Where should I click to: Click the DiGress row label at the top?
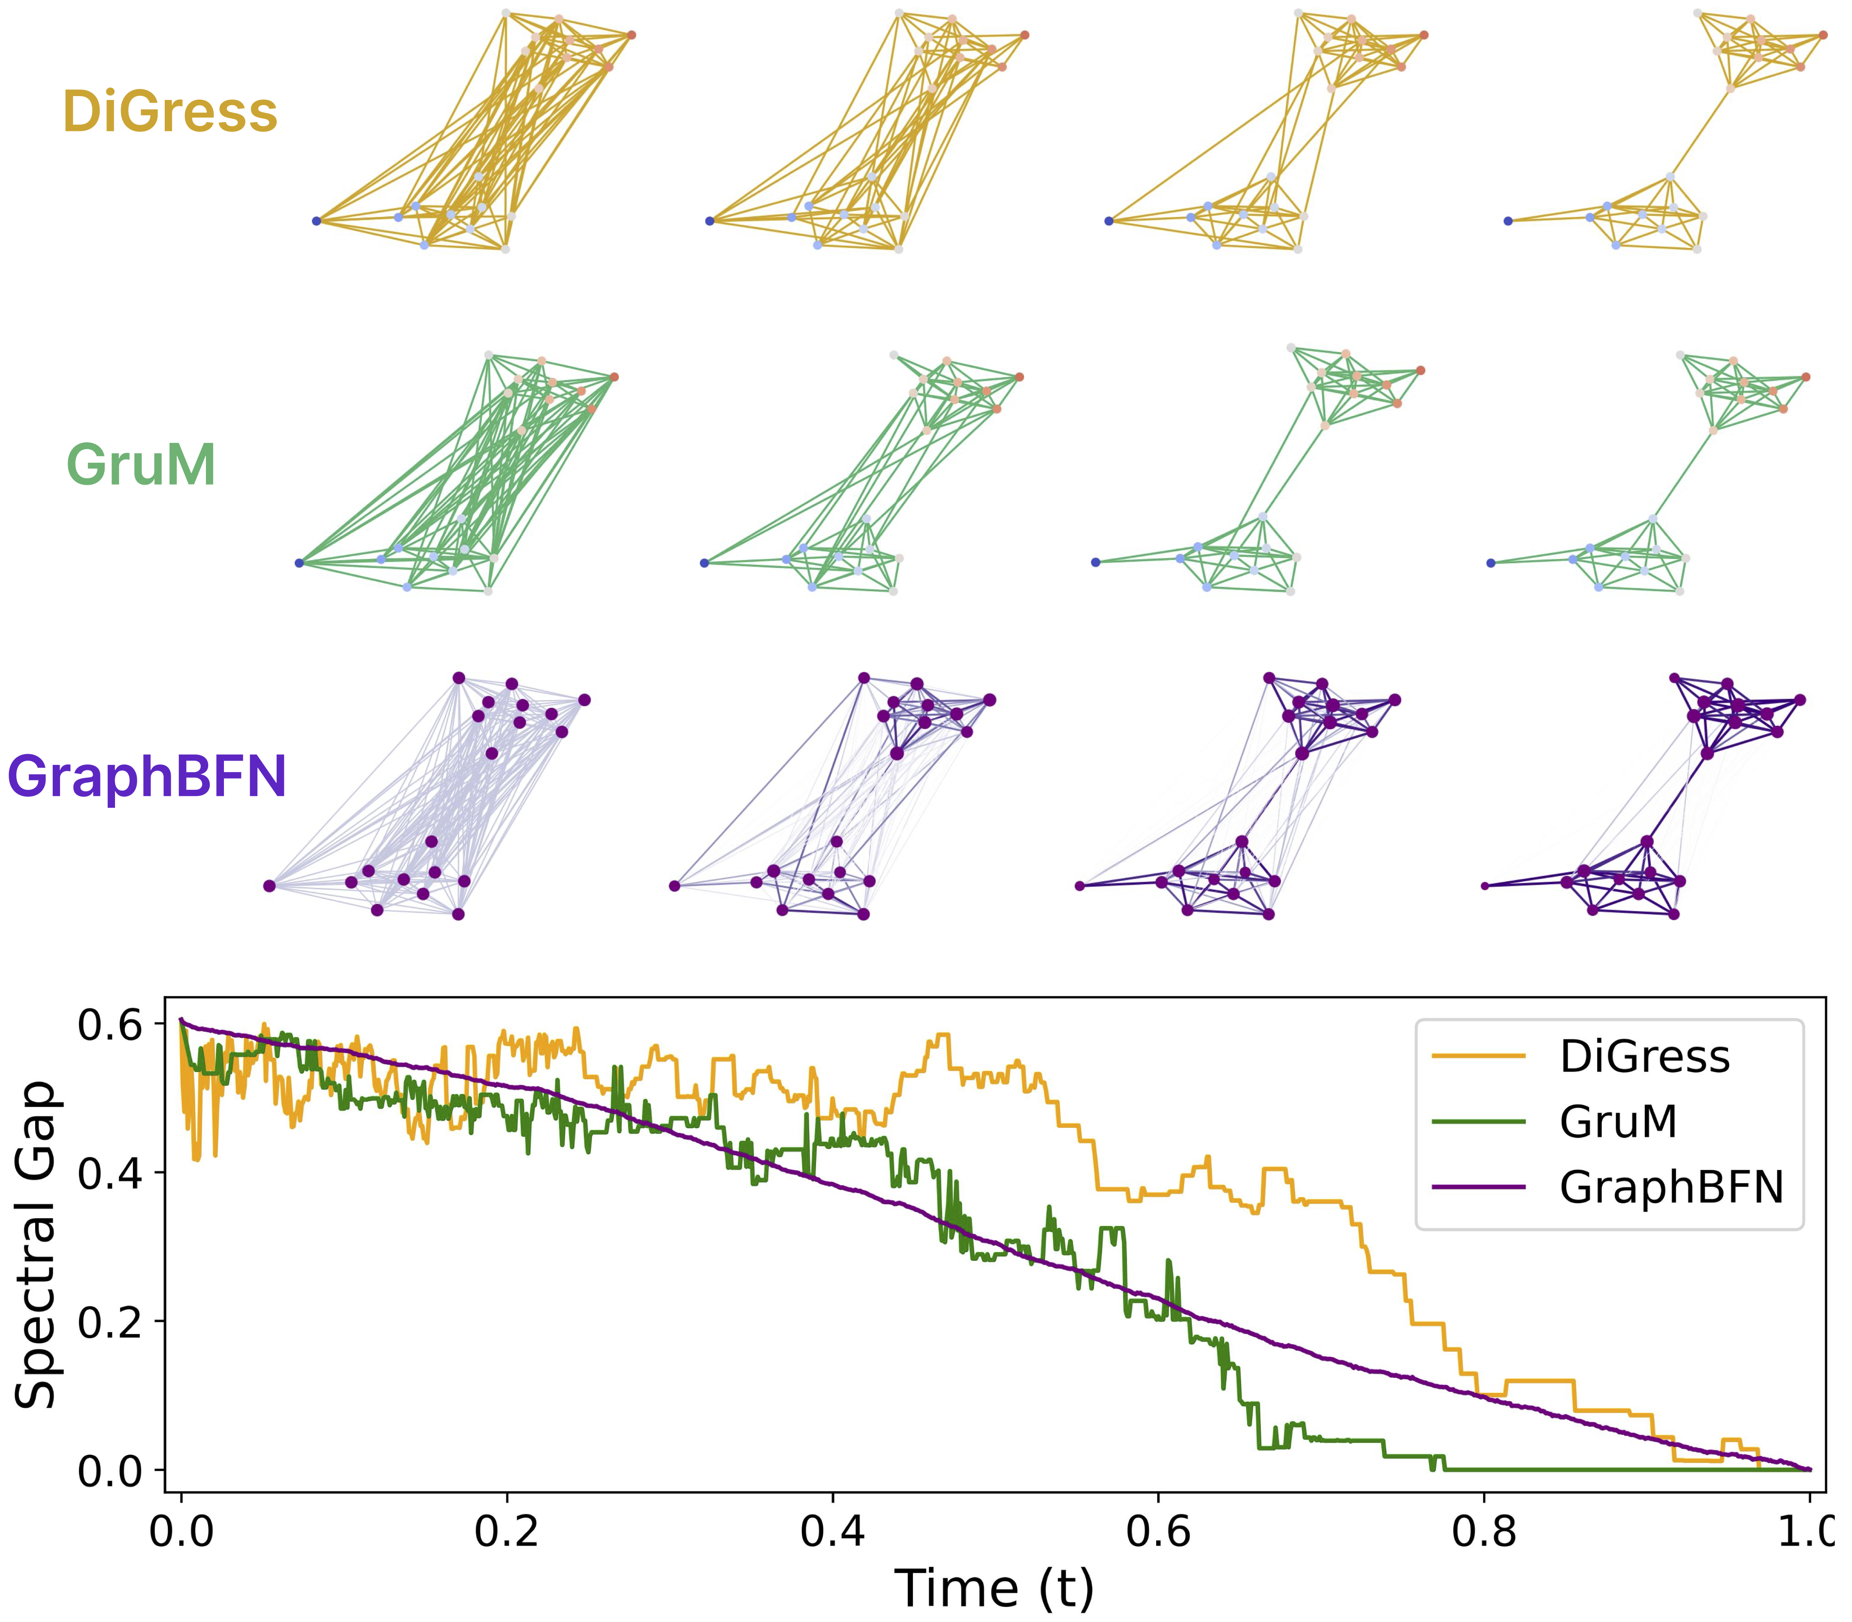[x=170, y=112]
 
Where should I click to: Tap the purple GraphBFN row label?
[x=147, y=776]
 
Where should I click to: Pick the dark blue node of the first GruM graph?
[x=299, y=563]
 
